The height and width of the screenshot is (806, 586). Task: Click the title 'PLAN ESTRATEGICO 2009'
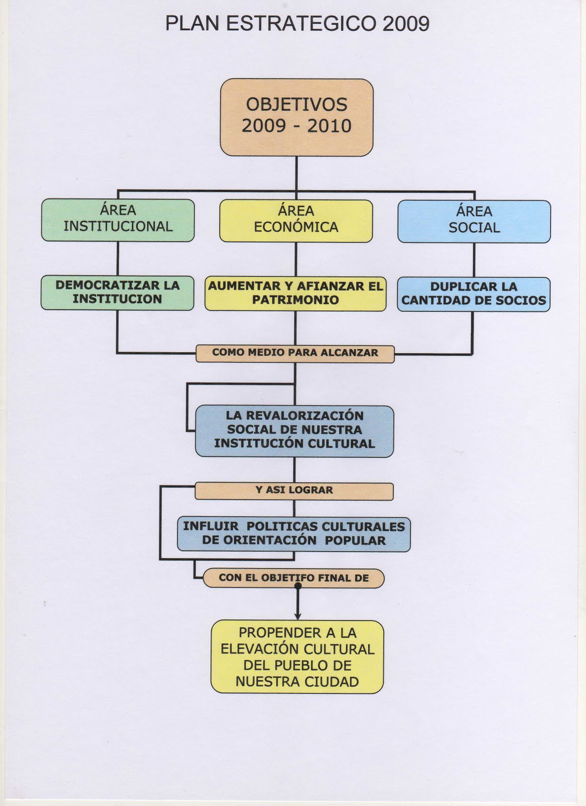click(x=297, y=24)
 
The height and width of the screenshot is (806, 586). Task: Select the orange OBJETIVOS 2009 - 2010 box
click(x=296, y=117)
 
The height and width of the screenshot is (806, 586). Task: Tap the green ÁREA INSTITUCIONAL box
click(x=118, y=220)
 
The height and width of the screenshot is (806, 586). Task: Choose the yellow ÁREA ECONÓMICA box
click(x=296, y=221)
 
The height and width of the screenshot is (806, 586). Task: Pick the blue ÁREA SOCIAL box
click(x=474, y=221)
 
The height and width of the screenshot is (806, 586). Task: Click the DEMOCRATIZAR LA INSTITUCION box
click(x=117, y=292)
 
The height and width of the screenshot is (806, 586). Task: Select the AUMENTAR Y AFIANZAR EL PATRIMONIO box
click(x=295, y=293)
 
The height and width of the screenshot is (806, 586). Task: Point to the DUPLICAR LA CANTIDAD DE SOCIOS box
click(x=474, y=294)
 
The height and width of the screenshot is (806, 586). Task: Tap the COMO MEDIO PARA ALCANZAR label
click(x=295, y=353)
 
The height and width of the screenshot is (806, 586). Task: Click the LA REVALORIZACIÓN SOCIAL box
click(x=294, y=431)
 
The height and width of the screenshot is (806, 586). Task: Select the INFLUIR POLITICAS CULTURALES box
click(x=294, y=534)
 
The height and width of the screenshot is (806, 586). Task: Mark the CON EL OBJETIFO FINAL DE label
click(x=294, y=578)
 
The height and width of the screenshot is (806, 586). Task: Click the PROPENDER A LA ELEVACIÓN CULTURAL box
click(x=297, y=657)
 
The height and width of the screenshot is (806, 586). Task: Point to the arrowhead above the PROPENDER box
click(x=298, y=616)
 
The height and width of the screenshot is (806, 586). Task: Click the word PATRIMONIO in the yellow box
click(x=295, y=300)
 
